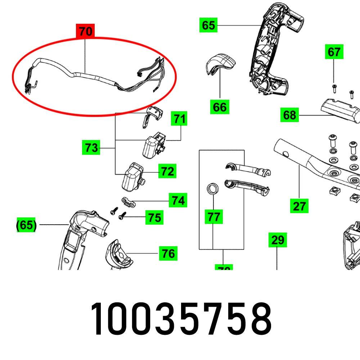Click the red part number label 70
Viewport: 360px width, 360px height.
86,32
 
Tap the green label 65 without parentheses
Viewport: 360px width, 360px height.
208,25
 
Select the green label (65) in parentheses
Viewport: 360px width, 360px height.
27,225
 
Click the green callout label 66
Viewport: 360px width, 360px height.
220,107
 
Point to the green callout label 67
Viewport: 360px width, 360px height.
334,52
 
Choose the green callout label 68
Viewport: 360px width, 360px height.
289,115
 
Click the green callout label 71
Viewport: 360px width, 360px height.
179,118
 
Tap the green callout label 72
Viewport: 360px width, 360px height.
167,172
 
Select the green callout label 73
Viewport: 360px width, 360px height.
91,148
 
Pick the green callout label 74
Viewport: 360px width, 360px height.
178,201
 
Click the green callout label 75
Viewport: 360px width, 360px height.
154,218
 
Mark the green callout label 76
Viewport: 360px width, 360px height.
168,254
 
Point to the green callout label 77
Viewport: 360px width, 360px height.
213,217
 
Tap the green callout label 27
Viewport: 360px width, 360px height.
299,206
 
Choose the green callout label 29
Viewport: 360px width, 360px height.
278,240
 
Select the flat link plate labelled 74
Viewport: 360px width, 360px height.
128,202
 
